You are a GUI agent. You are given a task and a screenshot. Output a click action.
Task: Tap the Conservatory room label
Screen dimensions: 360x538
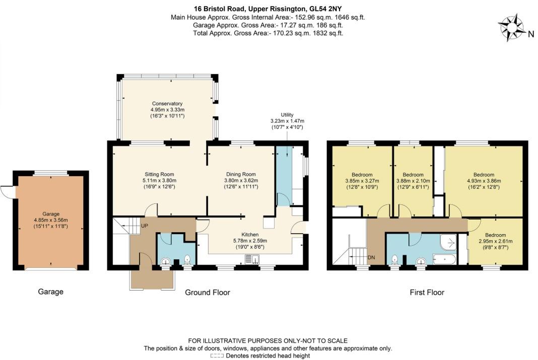click(x=168, y=104)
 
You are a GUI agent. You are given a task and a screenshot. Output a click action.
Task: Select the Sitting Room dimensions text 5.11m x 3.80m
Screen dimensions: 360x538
click(x=159, y=180)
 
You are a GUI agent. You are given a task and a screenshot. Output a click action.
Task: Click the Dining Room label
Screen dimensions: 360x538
click(x=241, y=174)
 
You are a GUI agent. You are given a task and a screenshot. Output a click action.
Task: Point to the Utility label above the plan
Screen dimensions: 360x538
click(x=287, y=115)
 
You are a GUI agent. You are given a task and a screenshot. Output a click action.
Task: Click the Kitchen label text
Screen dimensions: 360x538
click(x=250, y=235)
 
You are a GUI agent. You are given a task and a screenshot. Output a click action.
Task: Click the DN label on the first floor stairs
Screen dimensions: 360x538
click(x=372, y=257)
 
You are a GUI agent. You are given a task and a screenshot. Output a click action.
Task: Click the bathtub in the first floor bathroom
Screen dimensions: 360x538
click(x=444, y=260)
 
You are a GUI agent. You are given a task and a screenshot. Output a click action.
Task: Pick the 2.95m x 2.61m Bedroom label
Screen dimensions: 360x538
click(x=495, y=235)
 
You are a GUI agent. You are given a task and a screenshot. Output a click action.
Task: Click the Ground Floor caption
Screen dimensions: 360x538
click(x=208, y=292)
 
